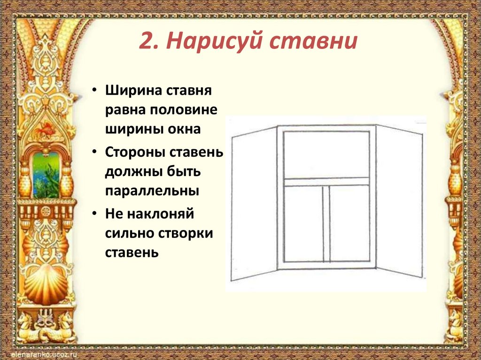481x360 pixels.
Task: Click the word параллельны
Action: click(x=152, y=192)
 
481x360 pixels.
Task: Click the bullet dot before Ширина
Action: click(x=95, y=90)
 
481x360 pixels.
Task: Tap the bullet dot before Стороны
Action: click(x=95, y=153)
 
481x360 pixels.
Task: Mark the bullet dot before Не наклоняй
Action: click(x=95, y=214)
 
